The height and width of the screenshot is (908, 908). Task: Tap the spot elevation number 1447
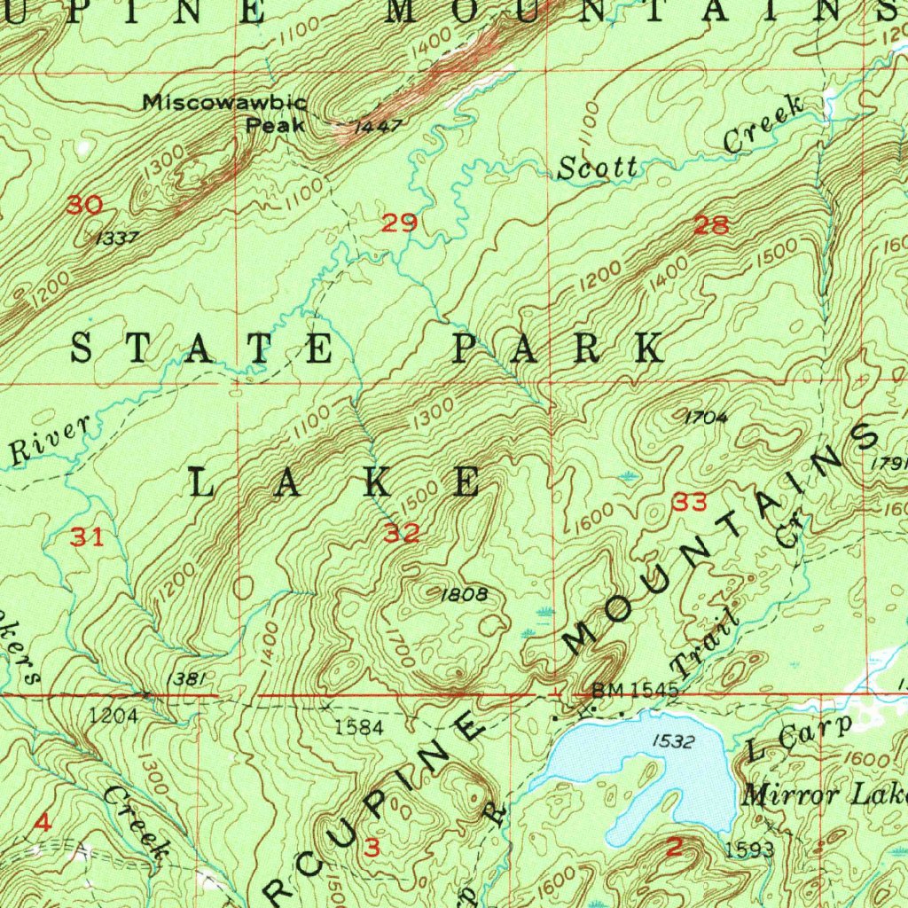(x=378, y=127)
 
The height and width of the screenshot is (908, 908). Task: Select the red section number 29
(x=399, y=223)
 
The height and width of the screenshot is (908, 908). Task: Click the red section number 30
(x=85, y=206)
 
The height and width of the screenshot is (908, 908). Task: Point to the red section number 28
(x=712, y=225)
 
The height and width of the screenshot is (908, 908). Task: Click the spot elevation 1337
(x=116, y=239)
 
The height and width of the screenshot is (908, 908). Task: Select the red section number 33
(x=690, y=504)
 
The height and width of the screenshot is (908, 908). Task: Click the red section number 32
(x=402, y=533)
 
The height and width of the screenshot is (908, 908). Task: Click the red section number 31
(x=87, y=536)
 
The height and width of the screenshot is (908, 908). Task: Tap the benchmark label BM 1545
(x=635, y=690)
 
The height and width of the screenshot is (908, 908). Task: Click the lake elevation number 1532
(x=672, y=740)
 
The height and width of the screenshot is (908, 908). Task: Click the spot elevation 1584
(x=358, y=728)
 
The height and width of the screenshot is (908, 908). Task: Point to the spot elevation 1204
(x=113, y=716)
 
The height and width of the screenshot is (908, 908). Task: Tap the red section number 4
(x=41, y=823)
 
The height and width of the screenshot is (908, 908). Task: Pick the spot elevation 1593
(x=749, y=850)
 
